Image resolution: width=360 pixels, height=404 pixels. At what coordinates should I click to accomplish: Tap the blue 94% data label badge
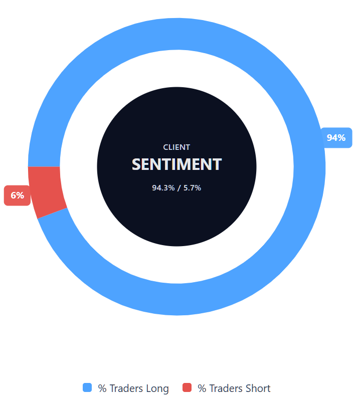336,137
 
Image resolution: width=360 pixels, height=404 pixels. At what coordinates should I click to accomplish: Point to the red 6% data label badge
17,195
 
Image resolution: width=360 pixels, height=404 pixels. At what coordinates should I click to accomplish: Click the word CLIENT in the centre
176,147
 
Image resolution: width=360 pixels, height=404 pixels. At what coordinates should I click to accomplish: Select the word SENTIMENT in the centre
176,164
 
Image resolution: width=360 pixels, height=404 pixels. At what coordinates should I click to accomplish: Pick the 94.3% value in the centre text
163,188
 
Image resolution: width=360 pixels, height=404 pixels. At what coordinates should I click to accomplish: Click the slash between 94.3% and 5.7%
178,188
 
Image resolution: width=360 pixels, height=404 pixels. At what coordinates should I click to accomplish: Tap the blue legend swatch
87,387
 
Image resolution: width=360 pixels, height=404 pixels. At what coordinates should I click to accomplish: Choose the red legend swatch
187,387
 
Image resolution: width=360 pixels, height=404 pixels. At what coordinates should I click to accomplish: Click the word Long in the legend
157,388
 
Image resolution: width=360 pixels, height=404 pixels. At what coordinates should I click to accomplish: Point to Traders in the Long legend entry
126,388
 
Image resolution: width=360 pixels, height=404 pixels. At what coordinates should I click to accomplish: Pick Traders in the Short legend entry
226,388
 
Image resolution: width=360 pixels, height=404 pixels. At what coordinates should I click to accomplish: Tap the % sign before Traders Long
102,388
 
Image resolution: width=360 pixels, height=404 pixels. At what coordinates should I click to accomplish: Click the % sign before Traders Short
202,388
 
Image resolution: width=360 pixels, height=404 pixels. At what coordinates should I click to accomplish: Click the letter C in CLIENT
166,147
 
